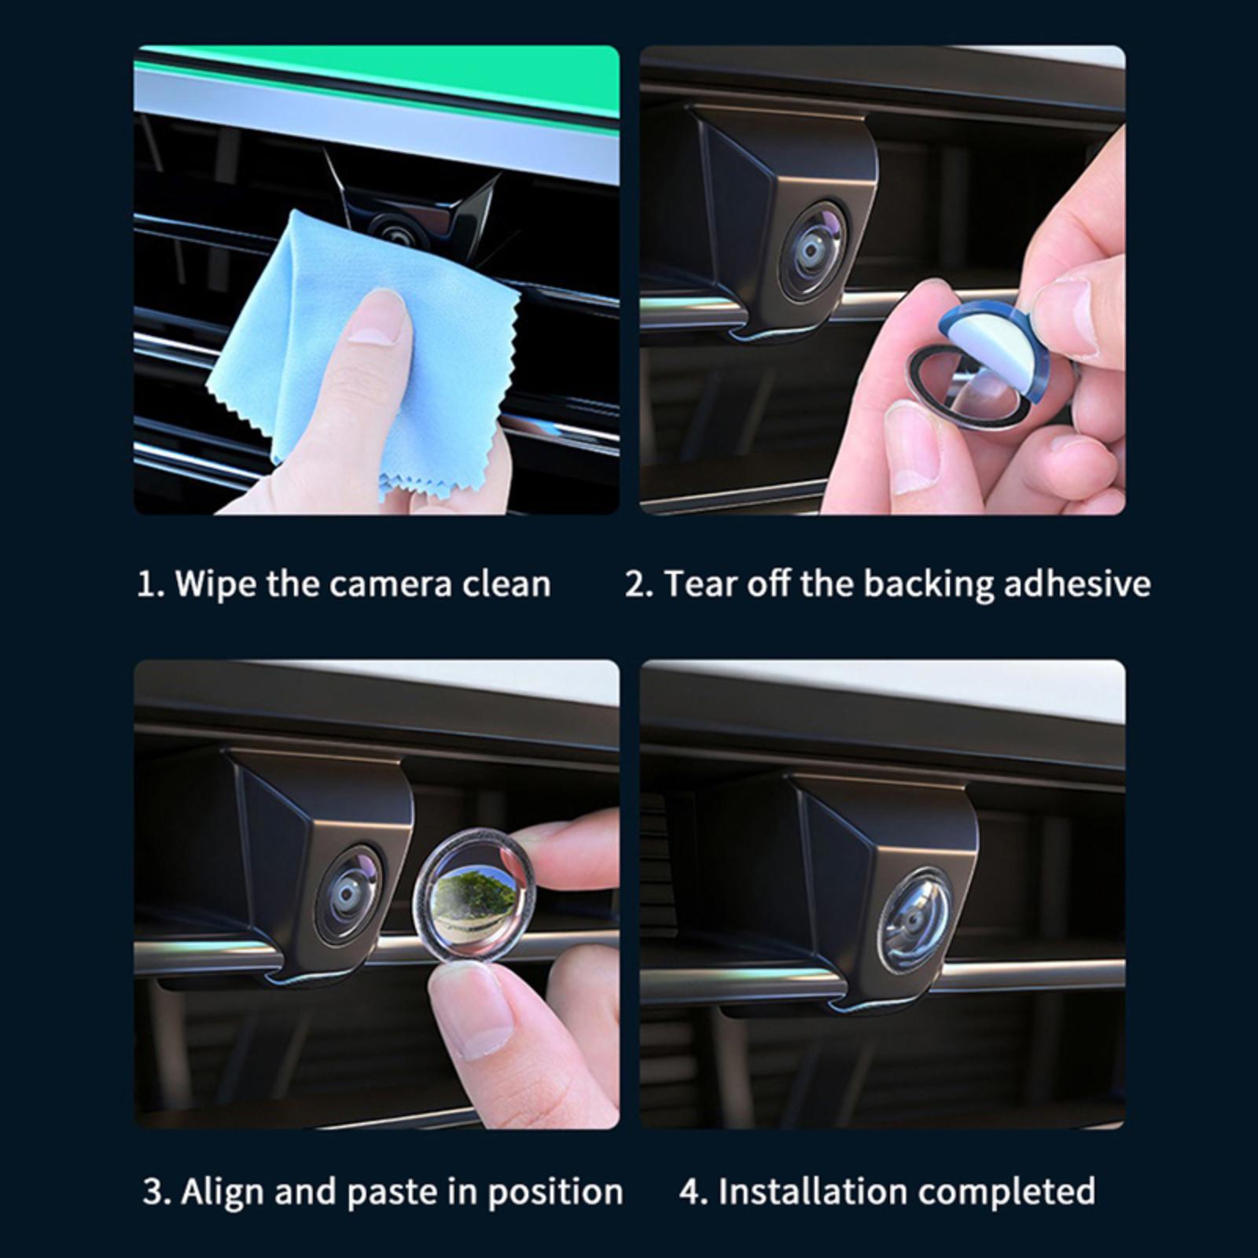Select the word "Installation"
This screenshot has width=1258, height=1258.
tap(818, 1192)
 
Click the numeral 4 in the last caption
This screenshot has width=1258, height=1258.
tap(690, 1192)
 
